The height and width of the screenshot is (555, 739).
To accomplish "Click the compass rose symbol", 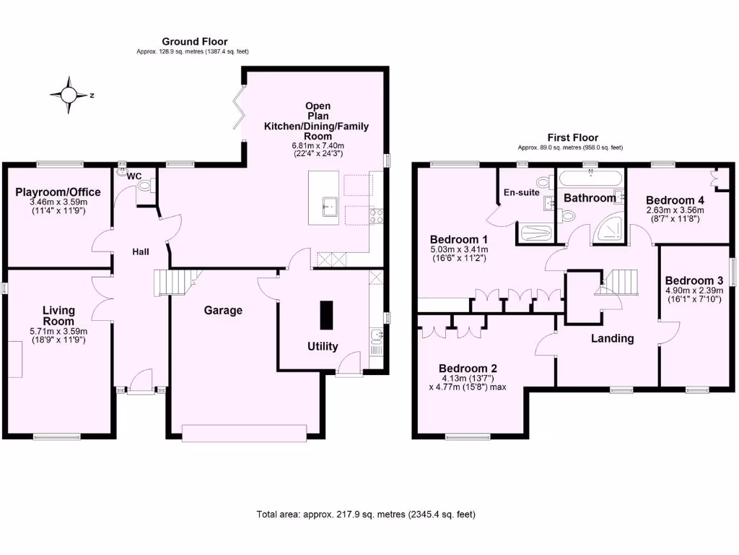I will point(69,95).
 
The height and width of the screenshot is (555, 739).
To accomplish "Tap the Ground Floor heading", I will point(194,42).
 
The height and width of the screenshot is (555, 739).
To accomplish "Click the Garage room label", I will point(223,310).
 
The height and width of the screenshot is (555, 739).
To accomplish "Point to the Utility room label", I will point(323,346).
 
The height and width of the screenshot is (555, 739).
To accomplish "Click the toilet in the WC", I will point(145,186).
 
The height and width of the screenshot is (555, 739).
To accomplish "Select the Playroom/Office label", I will point(58,192).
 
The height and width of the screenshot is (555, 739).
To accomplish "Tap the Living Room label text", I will point(58,316).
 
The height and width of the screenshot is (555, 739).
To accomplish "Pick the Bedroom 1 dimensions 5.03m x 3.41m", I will point(459,249).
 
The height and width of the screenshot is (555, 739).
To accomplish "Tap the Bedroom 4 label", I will point(674,200).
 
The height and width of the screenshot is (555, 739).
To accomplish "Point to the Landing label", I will point(613,338).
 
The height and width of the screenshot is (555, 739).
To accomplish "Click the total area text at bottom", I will point(366,515).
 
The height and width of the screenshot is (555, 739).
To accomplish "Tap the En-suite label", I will point(520,192).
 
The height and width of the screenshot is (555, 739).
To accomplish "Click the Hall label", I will point(141,251).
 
